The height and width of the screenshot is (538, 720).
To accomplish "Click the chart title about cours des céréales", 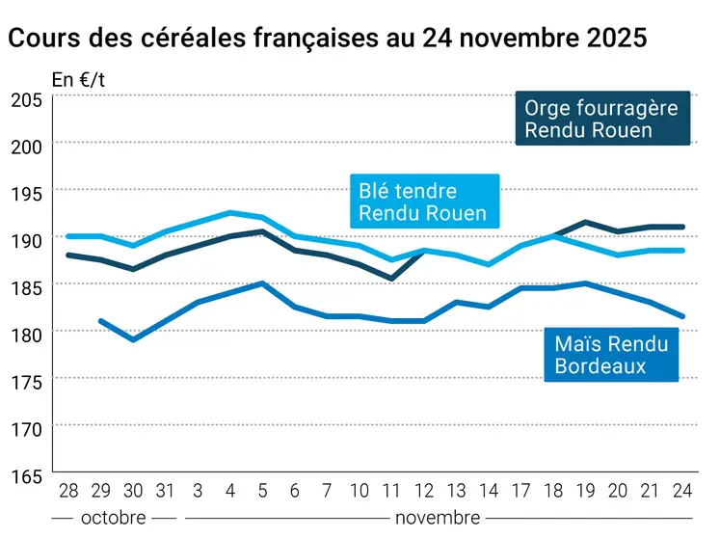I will point(327,38).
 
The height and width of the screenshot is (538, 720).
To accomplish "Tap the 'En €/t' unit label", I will point(78,80).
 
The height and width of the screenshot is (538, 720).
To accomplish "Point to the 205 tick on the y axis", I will point(26,98).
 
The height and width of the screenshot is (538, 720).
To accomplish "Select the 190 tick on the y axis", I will point(26,238).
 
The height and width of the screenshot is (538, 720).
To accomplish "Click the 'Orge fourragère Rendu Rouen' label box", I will point(601,119).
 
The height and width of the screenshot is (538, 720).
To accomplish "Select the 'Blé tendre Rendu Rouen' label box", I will point(422,202).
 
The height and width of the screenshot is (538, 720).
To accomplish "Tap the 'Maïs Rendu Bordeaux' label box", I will point(610,353).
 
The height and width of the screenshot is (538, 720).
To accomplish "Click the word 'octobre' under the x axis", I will point(114,518).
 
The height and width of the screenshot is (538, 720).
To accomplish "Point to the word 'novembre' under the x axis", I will point(437,518).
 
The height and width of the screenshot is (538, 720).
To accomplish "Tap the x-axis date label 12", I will point(424,492).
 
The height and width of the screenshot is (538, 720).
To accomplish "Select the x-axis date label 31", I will point(165,492).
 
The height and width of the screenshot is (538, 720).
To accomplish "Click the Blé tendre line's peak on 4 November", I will point(229,213).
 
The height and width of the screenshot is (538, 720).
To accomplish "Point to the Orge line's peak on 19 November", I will point(586,222).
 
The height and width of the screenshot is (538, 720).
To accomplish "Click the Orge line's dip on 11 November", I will point(391,279).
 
